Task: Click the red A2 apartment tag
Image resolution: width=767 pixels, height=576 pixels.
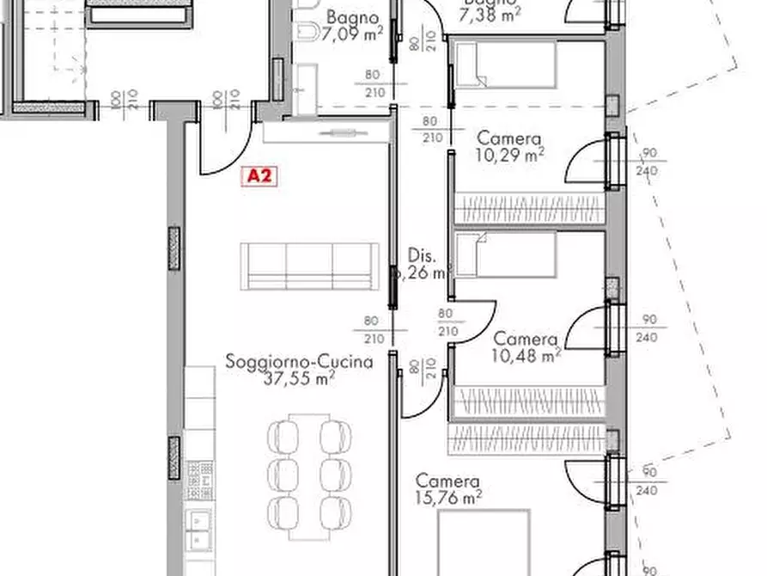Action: pos(259,175)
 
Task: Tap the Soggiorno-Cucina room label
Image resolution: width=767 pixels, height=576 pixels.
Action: pos(299,362)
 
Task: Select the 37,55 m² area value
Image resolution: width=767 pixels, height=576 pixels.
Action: pos(299,377)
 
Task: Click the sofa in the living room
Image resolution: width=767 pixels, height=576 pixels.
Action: pos(309,266)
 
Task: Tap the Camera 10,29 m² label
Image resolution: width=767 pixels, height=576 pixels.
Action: pos(509,146)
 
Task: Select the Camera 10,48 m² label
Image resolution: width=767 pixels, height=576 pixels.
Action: pos(526,347)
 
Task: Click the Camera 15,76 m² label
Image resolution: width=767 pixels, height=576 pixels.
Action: pos(447,488)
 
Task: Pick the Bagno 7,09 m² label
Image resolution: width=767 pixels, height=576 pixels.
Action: pos(352,27)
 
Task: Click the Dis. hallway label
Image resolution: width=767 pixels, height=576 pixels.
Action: pos(423,264)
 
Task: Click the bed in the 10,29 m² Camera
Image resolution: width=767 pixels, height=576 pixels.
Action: pos(504,64)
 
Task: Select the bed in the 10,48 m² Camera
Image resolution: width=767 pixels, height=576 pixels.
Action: pos(504,255)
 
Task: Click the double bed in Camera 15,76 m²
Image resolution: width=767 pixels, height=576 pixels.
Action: pos(484,542)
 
